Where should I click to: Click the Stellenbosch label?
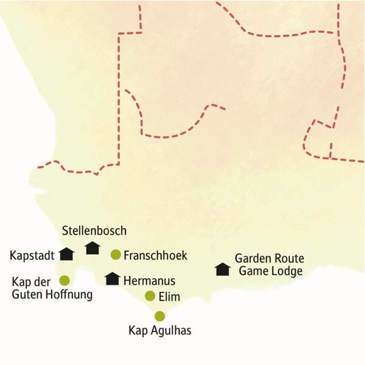tap(94, 231)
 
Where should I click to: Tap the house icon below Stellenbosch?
tap(92, 248)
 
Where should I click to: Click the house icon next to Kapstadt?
tap(66, 254)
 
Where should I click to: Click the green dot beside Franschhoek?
tap(116, 254)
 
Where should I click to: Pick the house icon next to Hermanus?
tap(112, 279)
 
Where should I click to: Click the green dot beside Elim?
tap(150, 296)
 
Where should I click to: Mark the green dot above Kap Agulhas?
tap(160, 316)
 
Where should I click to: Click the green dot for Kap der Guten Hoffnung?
tap(64, 280)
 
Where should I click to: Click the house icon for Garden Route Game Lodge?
tap(223, 269)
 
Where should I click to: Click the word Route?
tap(288, 259)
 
